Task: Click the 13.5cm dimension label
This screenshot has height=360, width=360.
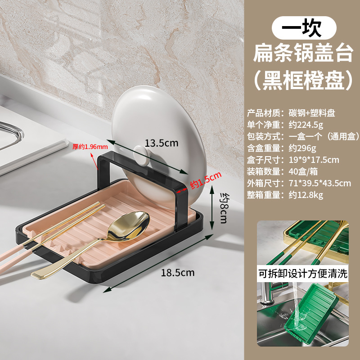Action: click(162, 143)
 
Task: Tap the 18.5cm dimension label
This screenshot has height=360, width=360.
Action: click(178, 273)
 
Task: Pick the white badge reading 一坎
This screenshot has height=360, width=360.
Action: click(303, 28)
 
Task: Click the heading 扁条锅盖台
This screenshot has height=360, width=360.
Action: click(303, 55)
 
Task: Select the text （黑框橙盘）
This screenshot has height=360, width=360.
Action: click(303, 81)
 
